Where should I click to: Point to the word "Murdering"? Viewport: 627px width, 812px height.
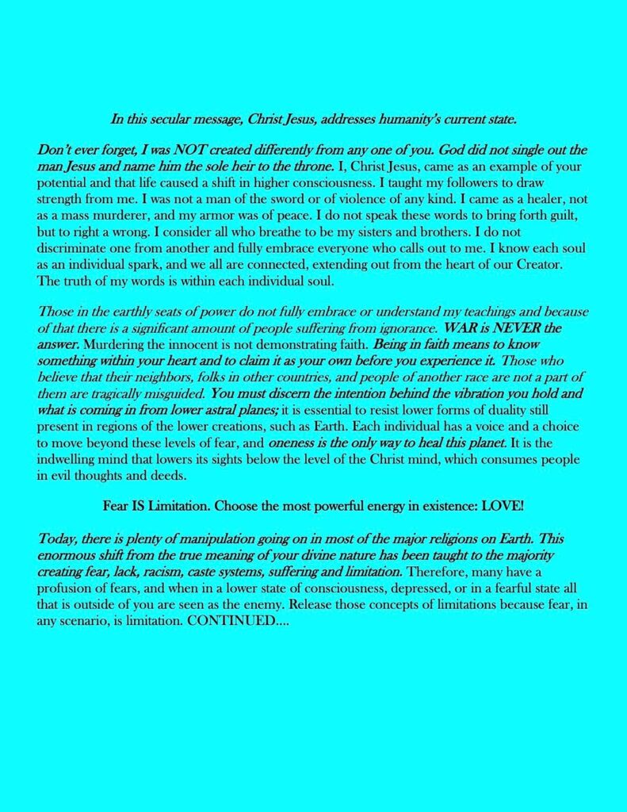[113, 343]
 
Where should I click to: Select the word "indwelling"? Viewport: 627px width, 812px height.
[67, 459]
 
